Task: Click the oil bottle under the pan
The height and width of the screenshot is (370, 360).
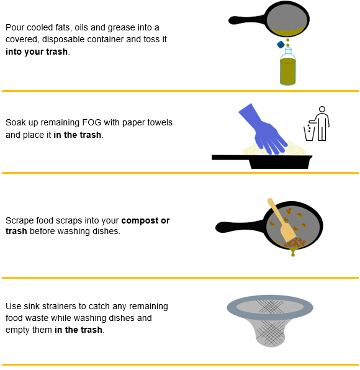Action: coord(287,70)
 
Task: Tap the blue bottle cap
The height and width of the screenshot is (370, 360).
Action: coord(281,45)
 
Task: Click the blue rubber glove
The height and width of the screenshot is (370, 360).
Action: coord(260,129)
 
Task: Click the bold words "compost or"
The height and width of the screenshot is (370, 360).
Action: coord(145,220)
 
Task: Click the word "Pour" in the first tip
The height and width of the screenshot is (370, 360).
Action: coord(15,27)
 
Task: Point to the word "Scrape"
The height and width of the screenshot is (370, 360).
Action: coord(19,220)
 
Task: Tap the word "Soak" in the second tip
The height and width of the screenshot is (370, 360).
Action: coord(16,123)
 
